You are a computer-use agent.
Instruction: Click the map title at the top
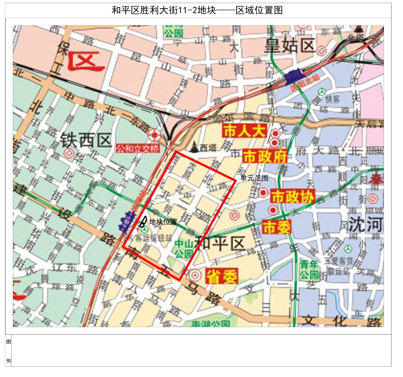197,10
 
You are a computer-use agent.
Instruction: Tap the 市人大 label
244,131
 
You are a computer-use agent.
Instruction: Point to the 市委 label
277,227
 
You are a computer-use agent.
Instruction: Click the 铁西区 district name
86,140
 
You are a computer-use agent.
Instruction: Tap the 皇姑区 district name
290,46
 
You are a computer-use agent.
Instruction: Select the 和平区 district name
220,243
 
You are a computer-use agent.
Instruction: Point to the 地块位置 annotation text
163,222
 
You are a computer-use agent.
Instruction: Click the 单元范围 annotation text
254,178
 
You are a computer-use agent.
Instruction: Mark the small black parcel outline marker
143,222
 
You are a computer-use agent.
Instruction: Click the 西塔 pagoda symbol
194,147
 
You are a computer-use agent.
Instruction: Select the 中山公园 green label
184,249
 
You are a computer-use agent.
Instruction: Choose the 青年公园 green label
309,270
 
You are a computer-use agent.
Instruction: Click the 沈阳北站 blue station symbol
294,75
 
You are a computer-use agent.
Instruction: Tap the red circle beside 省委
195,275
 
